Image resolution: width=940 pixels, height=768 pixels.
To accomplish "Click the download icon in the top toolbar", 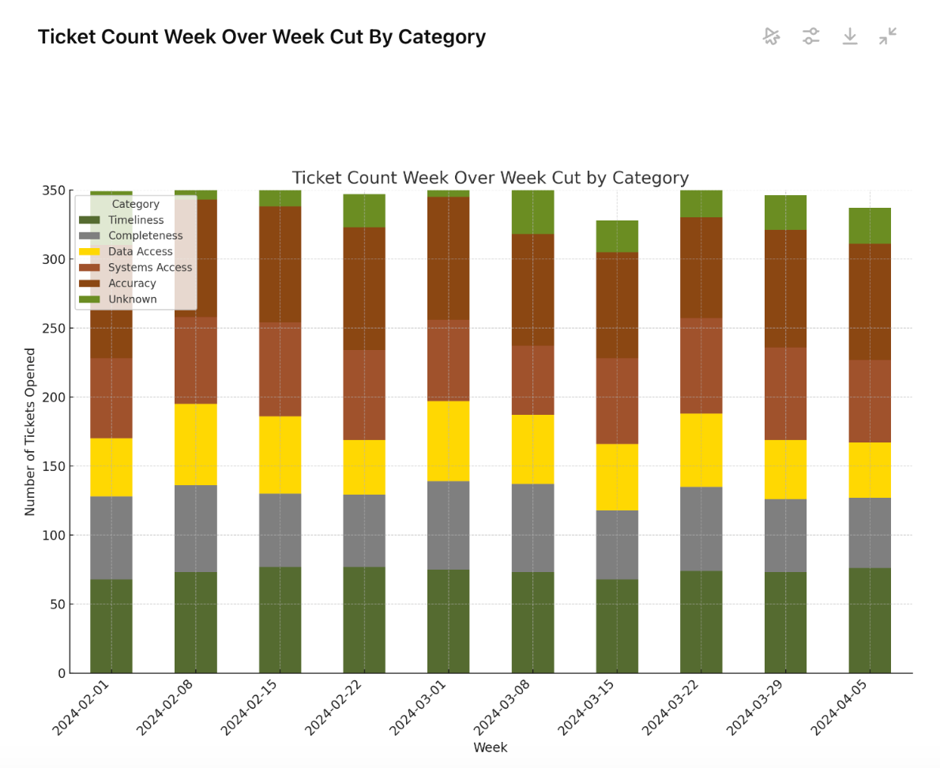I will coord(849,36).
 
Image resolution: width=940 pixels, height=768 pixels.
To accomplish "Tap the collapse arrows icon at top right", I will coord(888,36).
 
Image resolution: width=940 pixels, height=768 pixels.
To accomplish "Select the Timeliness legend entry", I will coord(136,220).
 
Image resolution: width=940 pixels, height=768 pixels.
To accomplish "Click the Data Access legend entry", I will coord(140,252).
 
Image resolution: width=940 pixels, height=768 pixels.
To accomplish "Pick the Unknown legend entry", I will coord(132,299).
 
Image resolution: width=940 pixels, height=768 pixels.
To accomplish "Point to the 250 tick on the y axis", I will coord(55,328).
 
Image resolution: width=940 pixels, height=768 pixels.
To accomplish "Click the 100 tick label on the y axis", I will coord(55,535).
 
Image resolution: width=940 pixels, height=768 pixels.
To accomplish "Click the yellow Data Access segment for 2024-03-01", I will coord(448,441).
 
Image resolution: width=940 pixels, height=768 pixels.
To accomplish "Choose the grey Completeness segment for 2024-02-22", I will coord(364,530).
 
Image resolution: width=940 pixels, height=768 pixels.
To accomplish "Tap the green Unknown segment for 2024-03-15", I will coord(617,236).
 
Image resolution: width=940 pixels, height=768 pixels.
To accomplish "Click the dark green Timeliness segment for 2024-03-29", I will coord(785,622).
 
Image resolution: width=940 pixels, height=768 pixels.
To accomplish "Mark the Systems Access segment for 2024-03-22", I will coord(701,366).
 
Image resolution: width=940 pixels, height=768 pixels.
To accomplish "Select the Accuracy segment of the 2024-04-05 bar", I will coord(870,302).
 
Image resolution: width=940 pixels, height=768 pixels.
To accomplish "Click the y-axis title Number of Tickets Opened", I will coord(30,431).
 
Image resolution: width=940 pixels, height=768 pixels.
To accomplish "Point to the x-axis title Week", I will coord(490,747).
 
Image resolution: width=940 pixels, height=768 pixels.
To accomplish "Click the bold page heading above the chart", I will coord(261,37).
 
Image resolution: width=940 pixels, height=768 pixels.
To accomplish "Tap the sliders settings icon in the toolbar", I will coord(810,36).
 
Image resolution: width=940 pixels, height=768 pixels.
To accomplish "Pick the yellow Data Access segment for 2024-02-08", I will coord(196,444).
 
